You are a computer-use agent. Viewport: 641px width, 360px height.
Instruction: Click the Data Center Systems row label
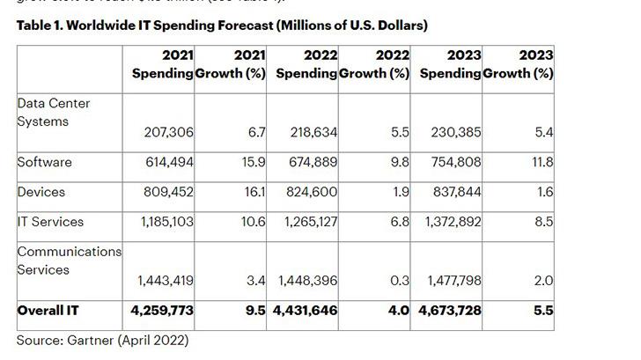[x=53, y=113]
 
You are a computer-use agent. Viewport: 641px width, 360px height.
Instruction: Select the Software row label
[x=44, y=162]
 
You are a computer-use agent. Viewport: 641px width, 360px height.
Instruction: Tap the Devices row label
[x=41, y=191]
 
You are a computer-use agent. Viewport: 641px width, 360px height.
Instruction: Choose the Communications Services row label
[x=69, y=260]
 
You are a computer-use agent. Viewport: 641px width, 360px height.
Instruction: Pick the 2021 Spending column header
[x=164, y=64]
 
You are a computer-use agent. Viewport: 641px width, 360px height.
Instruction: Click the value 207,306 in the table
[x=169, y=132]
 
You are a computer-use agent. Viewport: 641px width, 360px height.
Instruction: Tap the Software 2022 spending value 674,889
[x=313, y=163]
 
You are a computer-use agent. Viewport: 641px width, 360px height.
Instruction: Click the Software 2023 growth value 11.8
[x=543, y=163]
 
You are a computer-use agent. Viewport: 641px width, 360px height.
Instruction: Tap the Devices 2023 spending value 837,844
[x=455, y=192]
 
